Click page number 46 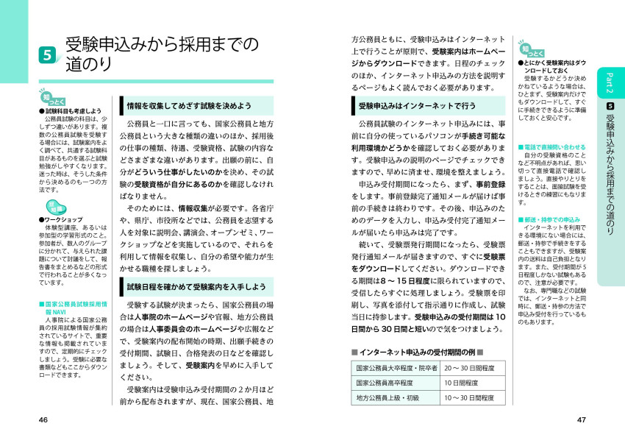click(x=43, y=419)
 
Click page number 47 click(x=581, y=419)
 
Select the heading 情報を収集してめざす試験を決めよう click(x=190, y=105)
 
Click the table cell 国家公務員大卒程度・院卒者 click(x=396, y=368)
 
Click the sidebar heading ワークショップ click(x=63, y=219)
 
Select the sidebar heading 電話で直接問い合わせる click(x=552, y=146)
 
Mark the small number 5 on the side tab click(x=610, y=106)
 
